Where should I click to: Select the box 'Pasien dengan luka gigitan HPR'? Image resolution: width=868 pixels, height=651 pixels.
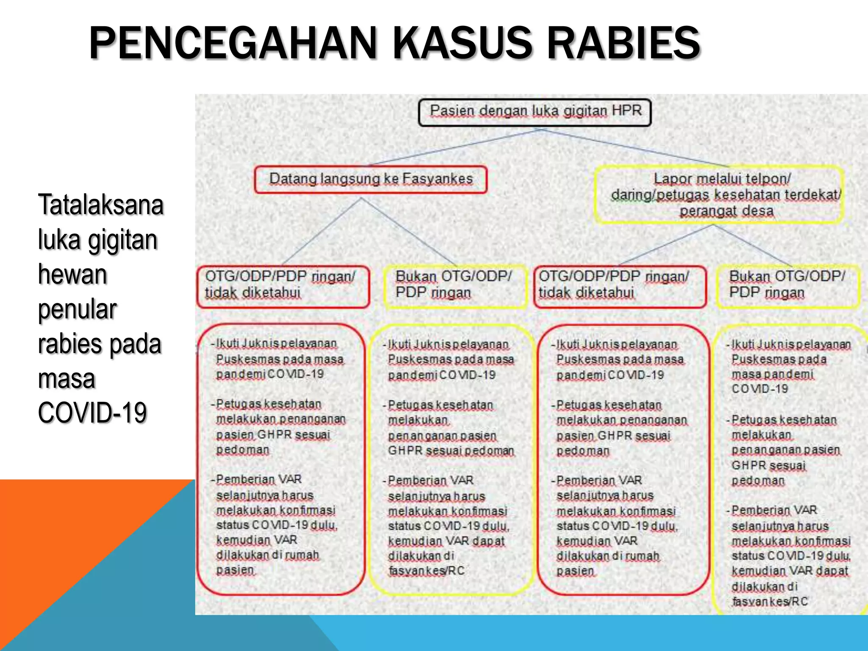pos(534,112)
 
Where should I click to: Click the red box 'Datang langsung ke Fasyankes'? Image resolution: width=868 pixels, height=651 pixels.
pos(370,180)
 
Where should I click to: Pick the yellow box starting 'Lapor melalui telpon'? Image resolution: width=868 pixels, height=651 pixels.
pos(719,195)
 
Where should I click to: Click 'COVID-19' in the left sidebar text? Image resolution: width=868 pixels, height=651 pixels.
pos(92,412)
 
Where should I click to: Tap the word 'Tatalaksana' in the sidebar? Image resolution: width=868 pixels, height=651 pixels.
pos(100,205)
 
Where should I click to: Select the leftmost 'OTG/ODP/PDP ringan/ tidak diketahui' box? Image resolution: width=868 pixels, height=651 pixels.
pos(283,286)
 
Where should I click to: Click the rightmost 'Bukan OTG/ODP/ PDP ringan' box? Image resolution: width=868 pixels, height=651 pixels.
pos(787,286)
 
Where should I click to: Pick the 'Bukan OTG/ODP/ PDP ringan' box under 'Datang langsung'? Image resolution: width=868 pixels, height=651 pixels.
pos(454,286)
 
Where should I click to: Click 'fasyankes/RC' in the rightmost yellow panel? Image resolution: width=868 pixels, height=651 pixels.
pos(769,602)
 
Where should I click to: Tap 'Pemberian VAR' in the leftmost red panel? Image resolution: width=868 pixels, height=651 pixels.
pos(259,480)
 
